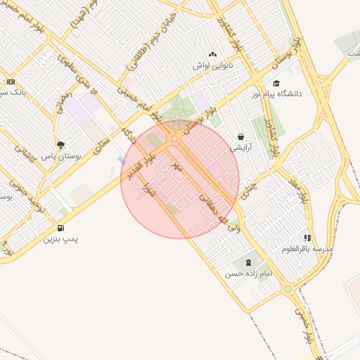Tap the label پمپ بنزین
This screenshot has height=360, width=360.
click(x=60, y=239)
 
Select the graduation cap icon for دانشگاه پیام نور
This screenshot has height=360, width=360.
click(x=276, y=83)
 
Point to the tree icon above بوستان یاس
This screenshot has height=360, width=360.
click(x=60, y=145)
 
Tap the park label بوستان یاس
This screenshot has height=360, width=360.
click(x=58, y=156)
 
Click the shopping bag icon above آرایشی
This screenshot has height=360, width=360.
click(x=241, y=137)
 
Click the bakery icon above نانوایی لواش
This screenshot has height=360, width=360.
click(x=213, y=54)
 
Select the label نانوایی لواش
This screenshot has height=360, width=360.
click(x=213, y=65)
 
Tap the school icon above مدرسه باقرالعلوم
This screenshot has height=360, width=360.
click(x=307, y=238)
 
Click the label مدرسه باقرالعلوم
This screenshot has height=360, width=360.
click(x=307, y=249)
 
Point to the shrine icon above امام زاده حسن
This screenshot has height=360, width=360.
click(x=247, y=262)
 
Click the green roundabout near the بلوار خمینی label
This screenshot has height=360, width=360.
click(x=287, y=289)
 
